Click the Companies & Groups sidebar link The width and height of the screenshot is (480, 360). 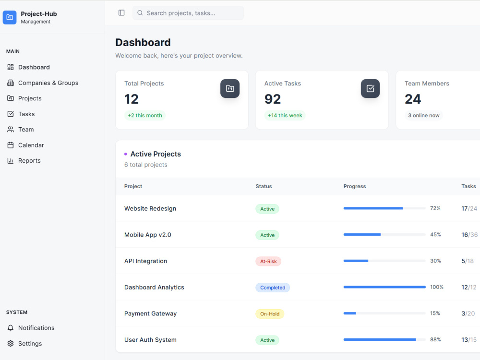click(x=43, y=83)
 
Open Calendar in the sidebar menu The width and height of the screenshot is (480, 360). click(x=25, y=145)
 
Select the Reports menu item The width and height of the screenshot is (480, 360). click(x=24, y=161)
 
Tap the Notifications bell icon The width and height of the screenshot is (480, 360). click(x=11, y=328)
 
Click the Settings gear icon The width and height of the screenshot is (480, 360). click(x=11, y=344)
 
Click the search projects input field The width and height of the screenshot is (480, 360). click(x=188, y=13)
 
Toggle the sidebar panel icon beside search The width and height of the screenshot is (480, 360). click(x=121, y=13)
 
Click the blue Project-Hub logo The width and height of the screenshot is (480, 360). click(x=10, y=17)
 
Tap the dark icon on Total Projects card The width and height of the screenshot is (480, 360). click(x=230, y=88)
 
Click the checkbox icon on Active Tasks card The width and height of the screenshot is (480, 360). click(x=371, y=88)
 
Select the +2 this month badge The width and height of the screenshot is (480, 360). click(x=145, y=115)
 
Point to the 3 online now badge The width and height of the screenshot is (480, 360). click(x=424, y=115)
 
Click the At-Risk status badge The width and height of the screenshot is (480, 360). click(x=268, y=262)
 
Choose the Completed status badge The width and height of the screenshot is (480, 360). click(x=273, y=288)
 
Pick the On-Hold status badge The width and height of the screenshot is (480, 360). click(x=270, y=314)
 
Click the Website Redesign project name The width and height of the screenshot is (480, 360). click(x=150, y=209)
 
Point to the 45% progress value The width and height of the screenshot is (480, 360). click(x=436, y=235)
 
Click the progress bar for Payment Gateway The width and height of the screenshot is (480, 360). click(x=384, y=313)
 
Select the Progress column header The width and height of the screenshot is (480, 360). click(x=355, y=186)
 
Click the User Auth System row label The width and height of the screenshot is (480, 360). click(x=150, y=340)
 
